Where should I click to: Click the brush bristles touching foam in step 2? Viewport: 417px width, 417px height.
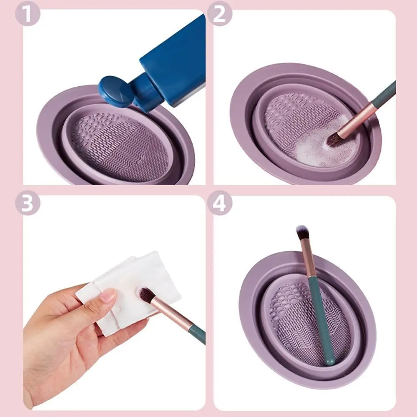pyautogui.click(x=333, y=139)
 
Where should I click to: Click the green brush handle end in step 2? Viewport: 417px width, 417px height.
pyautogui.click(x=386, y=94)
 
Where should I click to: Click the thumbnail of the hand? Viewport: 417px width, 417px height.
pyautogui.click(x=108, y=296)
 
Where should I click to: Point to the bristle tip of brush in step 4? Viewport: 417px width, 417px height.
pyautogui.click(x=301, y=231)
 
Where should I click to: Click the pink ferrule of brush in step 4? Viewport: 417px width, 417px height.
pyautogui.click(x=309, y=259)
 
